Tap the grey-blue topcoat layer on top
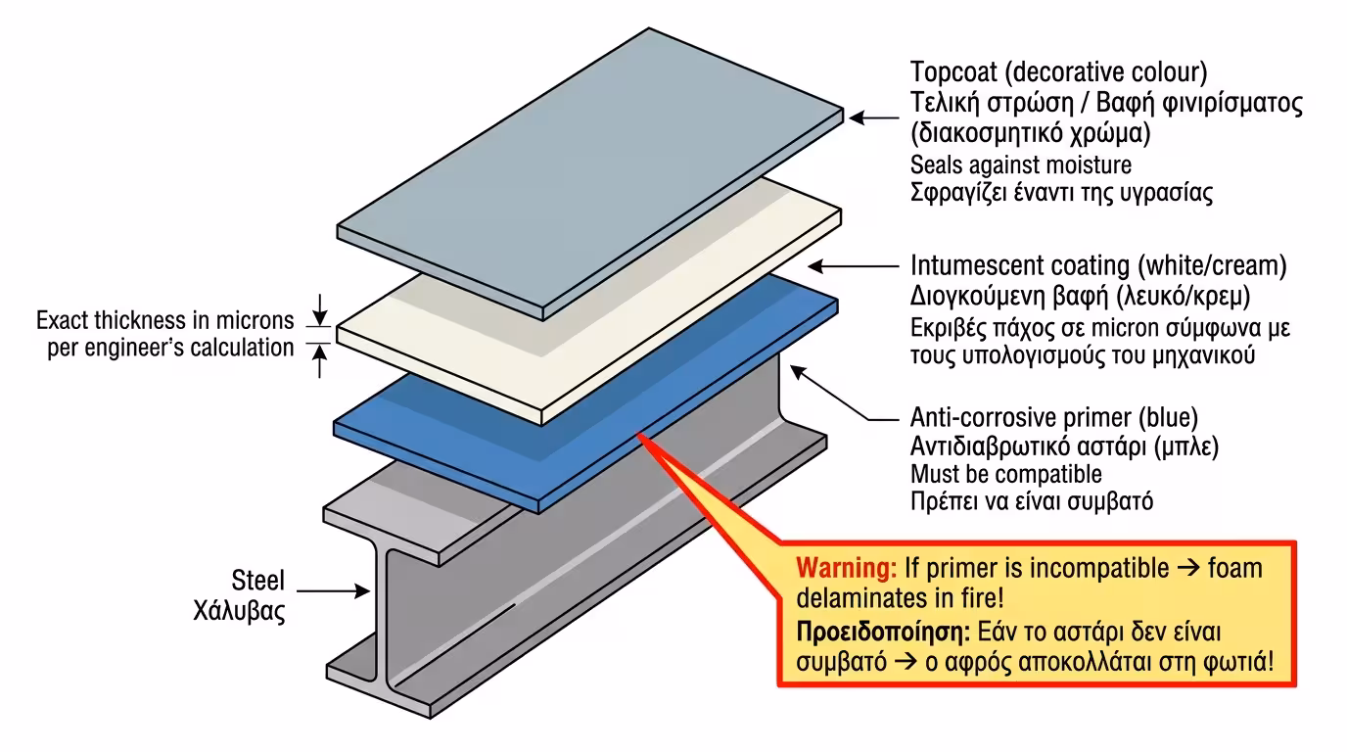coord(587,166)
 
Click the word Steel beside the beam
coord(257,581)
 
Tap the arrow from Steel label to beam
coord(333,590)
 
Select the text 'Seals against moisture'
coord(1020,164)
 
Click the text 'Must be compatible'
coord(1005,475)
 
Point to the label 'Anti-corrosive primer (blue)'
coord(1053,418)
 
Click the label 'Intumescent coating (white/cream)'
coord(1097,265)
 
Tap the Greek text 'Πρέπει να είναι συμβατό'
coord(1032,502)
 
